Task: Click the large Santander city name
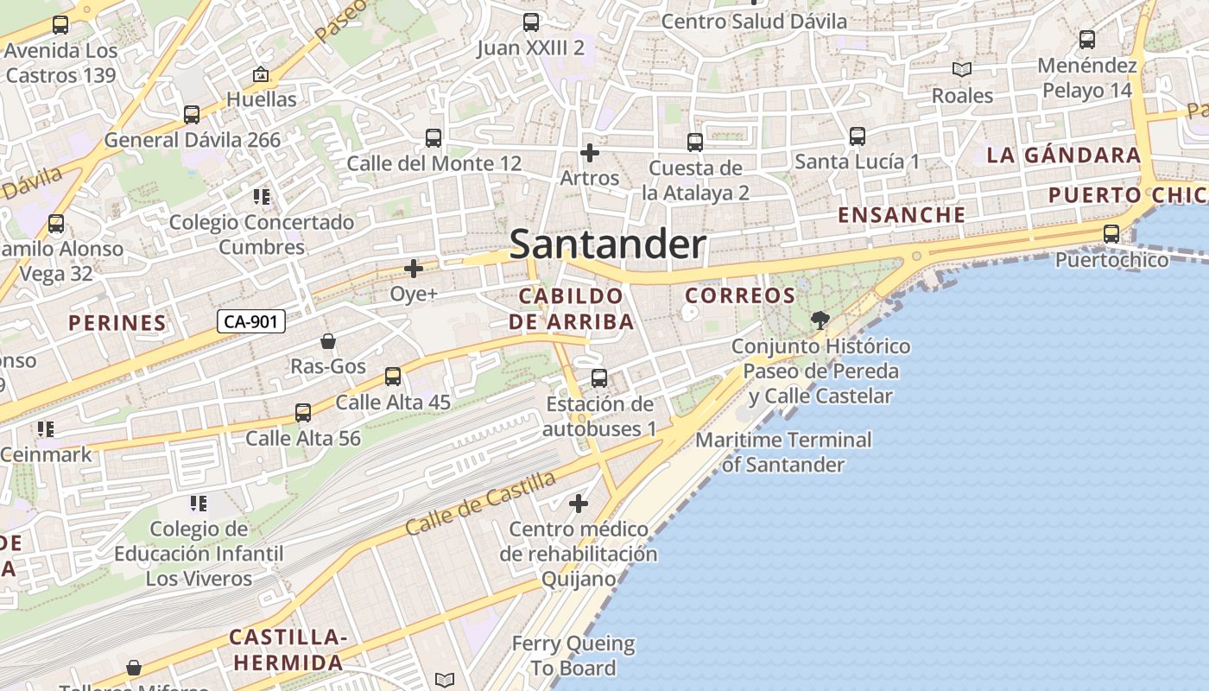tap(607, 244)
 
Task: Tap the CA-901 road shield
tap(250, 322)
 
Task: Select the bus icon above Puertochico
tap(1111, 233)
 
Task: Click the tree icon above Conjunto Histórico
tap(820, 320)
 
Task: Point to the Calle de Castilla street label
tap(482, 504)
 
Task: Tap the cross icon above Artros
tap(590, 153)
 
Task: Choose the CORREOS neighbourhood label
tap(740, 295)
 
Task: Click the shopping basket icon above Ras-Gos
tap(328, 341)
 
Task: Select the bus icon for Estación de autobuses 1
tap(598, 378)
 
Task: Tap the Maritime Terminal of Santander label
tap(783, 452)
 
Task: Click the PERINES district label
tap(117, 323)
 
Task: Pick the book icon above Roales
tap(961, 69)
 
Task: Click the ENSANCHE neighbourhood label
tap(902, 215)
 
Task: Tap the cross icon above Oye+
tap(414, 269)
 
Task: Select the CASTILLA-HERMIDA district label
tap(287, 650)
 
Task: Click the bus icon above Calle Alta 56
tap(303, 413)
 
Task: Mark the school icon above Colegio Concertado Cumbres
tap(262, 197)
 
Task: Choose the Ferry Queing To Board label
tap(573, 656)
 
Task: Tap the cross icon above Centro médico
tap(579, 503)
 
